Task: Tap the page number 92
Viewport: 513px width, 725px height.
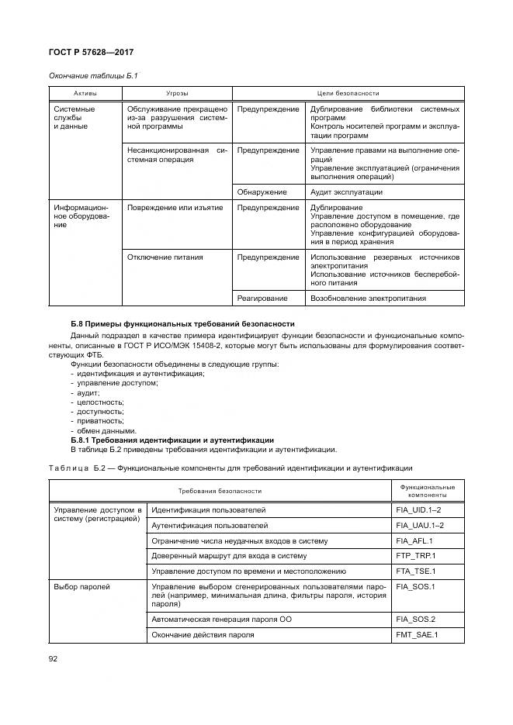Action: (x=54, y=658)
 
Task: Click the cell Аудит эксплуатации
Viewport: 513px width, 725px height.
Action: (x=346, y=192)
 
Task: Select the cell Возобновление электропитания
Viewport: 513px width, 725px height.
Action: (x=367, y=298)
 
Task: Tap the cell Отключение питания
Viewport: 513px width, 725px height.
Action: (x=165, y=257)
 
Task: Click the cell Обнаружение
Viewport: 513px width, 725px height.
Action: (x=262, y=192)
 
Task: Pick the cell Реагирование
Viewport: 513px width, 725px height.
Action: (x=263, y=298)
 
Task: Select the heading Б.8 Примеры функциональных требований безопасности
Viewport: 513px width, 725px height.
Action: (x=182, y=323)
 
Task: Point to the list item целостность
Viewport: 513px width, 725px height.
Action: (x=99, y=402)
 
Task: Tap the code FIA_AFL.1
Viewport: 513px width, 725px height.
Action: (x=414, y=540)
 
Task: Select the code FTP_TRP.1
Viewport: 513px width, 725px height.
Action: (x=415, y=556)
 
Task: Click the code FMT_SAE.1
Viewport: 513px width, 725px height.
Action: (x=416, y=635)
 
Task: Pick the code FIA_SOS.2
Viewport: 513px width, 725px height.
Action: (x=415, y=619)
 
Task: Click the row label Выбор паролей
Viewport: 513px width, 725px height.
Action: (x=81, y=587)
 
